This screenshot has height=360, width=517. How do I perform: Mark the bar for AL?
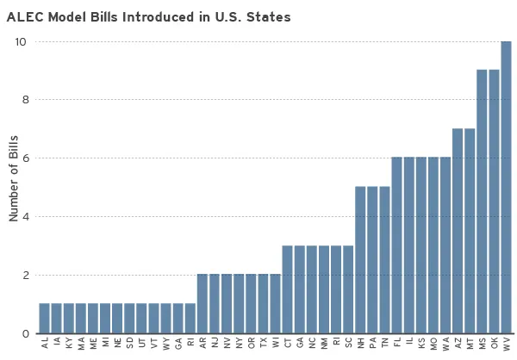44,319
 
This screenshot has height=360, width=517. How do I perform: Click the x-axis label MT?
470,343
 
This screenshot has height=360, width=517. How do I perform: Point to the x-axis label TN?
384,343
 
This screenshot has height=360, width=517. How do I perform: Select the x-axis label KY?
69,343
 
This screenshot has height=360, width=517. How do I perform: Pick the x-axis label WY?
166,344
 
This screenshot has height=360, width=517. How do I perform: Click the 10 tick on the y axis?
21,41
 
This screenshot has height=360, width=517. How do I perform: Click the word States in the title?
265,16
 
